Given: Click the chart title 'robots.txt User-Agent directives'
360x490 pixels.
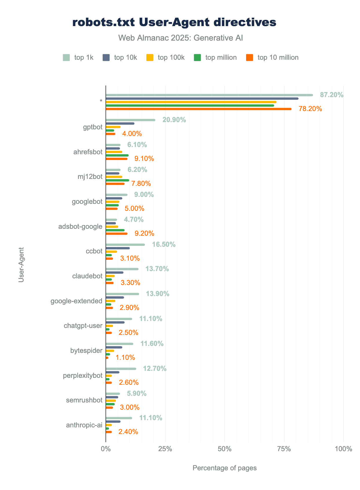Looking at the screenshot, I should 174,23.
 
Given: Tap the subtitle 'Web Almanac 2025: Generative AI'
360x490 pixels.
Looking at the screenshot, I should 180,38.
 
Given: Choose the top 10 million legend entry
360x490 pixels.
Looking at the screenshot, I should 272,57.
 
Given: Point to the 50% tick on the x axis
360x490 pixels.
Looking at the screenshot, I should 225,449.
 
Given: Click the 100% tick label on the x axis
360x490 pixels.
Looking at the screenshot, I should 343,449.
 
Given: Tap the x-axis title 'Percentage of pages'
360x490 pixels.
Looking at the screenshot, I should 225,468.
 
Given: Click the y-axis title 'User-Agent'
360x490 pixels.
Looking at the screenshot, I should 21,265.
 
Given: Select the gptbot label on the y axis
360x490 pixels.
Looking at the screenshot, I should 93,127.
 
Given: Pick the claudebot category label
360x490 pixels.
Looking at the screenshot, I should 87,276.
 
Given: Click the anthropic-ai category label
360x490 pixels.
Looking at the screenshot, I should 84,425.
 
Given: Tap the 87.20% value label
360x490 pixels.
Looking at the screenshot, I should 332,95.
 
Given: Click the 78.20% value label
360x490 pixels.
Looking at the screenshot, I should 310,109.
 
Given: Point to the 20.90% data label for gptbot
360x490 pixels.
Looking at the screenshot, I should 174,120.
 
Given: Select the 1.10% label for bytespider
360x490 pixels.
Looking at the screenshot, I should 125,357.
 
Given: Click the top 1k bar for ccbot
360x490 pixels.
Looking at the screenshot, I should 125,245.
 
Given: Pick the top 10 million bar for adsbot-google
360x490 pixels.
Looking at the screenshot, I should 117,233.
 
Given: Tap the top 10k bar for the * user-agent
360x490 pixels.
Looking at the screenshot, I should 202,99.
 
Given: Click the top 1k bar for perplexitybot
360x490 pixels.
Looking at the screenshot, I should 121,369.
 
